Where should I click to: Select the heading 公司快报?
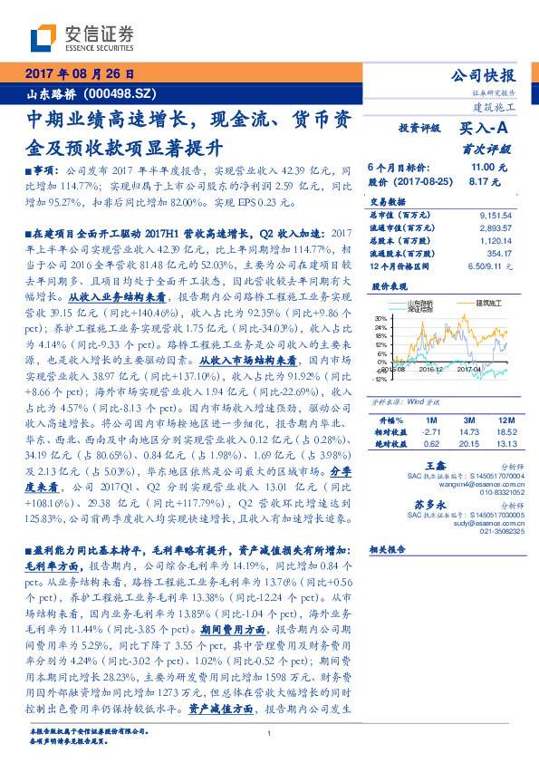[x=489, y=75]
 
